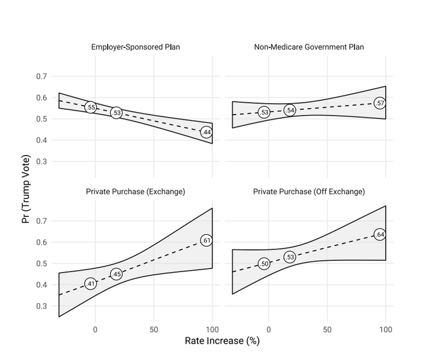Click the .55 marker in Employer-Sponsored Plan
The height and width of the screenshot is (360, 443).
coord(90,108)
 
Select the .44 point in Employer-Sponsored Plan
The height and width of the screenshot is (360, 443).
coord(206,132)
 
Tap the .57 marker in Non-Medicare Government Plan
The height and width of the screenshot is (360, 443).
coord(380,103)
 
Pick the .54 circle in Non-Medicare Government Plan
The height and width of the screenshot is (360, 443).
coord(290,110)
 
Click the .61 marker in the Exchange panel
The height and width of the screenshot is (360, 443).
coord(206,240)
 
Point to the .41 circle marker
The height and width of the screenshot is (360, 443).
coord(90,284)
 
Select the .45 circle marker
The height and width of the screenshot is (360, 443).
coord(116,275)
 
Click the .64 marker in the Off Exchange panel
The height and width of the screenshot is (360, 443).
coord(380,235)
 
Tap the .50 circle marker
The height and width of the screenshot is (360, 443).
coord(264,264)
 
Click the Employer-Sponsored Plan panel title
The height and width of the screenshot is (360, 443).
coord(135,47)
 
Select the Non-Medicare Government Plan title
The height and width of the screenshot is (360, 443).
coord(309,47)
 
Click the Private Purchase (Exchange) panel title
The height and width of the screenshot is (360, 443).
coord(135,192)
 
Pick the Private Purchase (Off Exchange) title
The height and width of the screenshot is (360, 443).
coord(309,192)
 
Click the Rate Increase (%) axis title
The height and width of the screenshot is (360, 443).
coord(222,341)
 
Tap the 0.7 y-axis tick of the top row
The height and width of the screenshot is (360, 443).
coord(41,77)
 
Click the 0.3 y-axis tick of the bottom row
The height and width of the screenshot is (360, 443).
coord(41,306)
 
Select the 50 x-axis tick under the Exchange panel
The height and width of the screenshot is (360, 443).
coord(154,330)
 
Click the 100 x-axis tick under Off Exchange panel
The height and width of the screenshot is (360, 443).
coord(385,330)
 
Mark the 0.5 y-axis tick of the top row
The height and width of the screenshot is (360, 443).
coord(41,119)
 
